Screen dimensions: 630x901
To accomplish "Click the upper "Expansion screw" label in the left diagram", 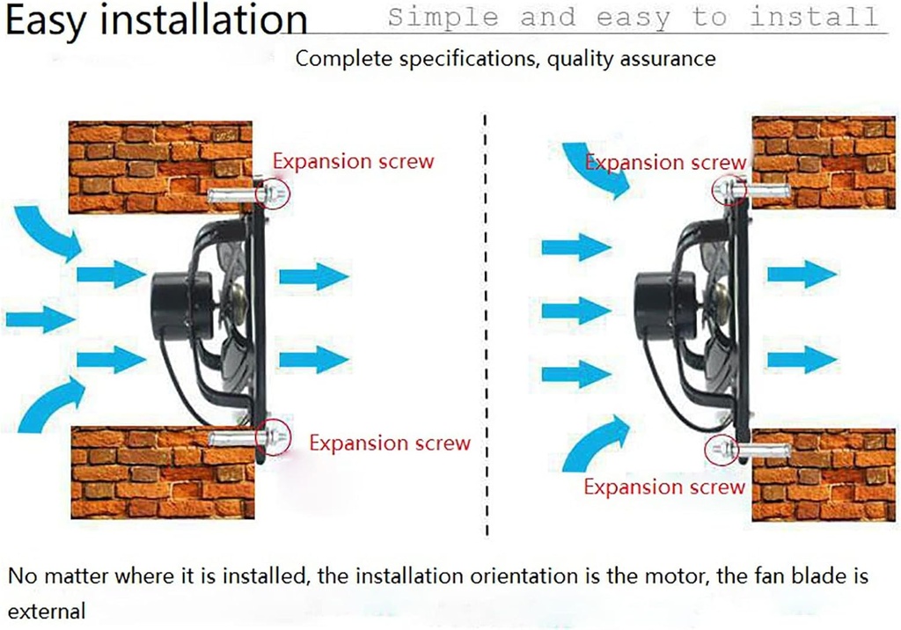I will [353, 161].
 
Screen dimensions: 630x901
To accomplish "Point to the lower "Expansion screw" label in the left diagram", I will [390, 443].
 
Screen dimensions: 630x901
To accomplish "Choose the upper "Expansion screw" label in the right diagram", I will [665, 163].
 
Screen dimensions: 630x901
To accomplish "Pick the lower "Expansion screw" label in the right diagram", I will [664, 487].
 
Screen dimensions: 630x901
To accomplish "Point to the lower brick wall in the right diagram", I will [823, 475].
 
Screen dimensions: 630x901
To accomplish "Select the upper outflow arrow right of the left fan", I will [313, 275].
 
